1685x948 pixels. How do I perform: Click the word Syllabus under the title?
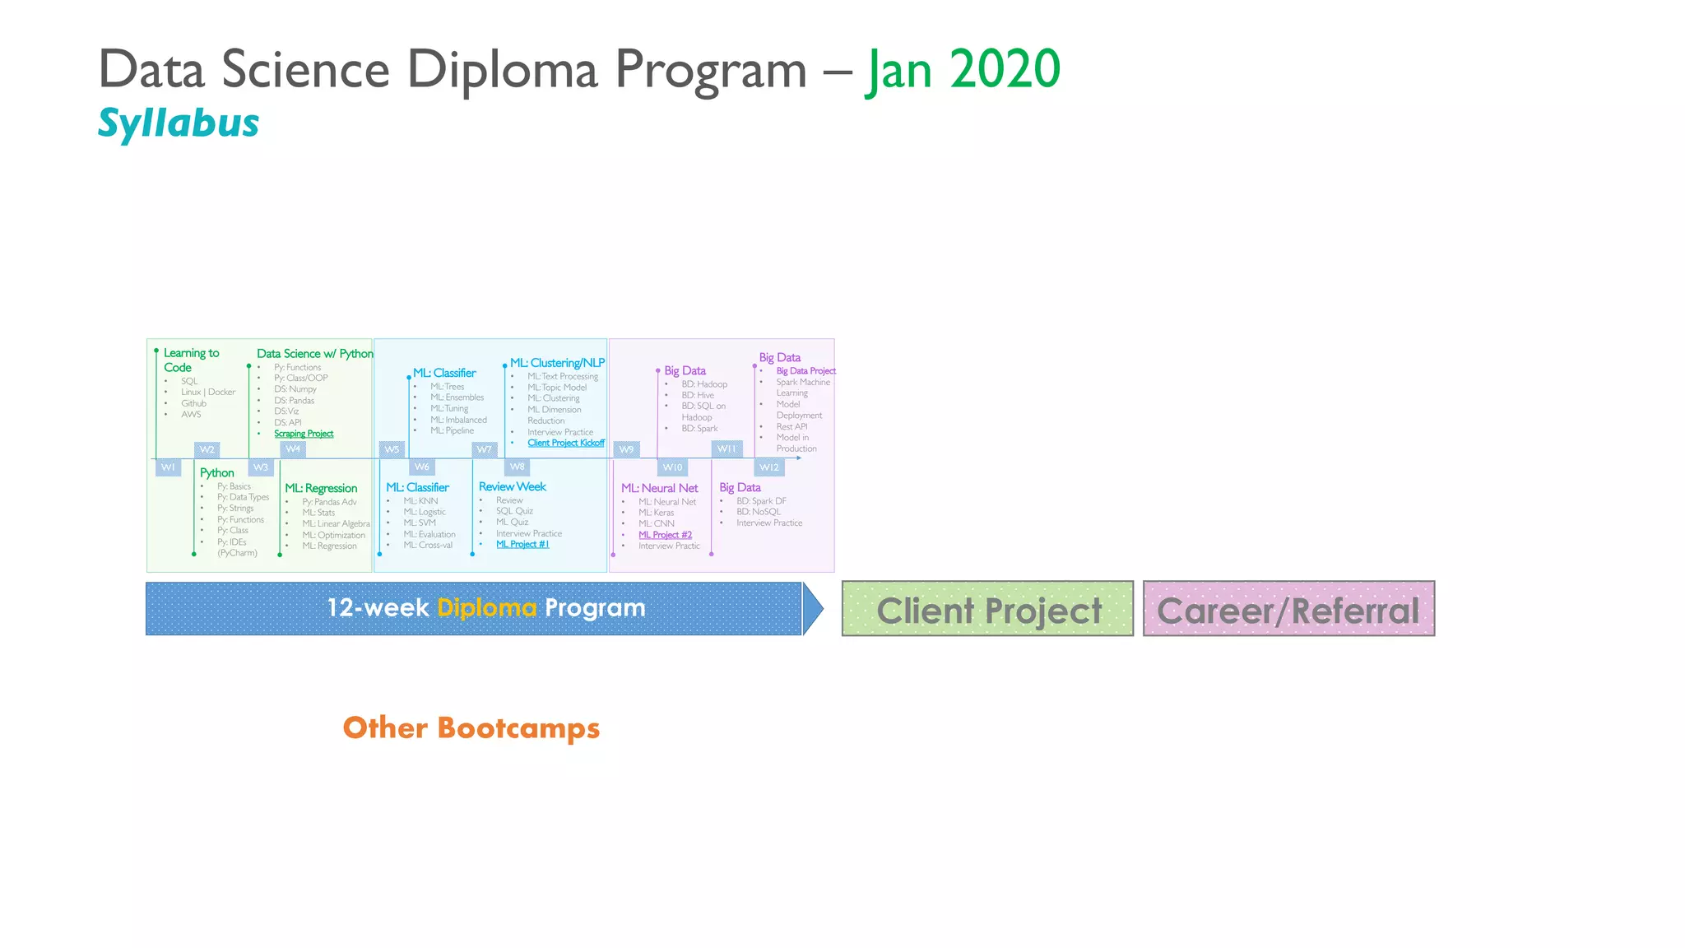[x=179, y=123]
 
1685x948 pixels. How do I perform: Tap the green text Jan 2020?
[x=963, y=69]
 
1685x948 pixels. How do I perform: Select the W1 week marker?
[x=168, y=467]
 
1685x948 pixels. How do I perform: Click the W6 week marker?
[x=422, y=467]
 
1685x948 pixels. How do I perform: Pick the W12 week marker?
[x=769, y=467]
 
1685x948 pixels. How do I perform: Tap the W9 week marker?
[x=627, y=449]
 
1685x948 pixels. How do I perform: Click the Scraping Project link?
[x=304, y=434]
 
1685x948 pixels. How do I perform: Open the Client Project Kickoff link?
[x=566, y=443]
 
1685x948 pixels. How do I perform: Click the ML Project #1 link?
[x=522, y=544]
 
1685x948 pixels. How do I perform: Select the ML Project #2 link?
[x=665, y=535]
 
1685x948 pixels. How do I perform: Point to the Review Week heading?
[x=513, y=486]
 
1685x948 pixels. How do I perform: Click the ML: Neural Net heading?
[x=659, y=488]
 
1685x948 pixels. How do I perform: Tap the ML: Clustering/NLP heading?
[x=557, y=363]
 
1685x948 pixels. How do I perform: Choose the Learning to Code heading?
[x=191, y=360]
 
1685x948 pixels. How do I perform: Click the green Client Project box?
[x=987, y=609]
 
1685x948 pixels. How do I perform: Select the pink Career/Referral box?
[x=1288, y=609]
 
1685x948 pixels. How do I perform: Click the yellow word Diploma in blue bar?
[x=486, y=608]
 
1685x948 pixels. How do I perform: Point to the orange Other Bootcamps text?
[x=471, y=728]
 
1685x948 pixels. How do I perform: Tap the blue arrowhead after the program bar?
[x=812, y=609]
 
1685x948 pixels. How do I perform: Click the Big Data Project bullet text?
[x=805, y=371]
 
